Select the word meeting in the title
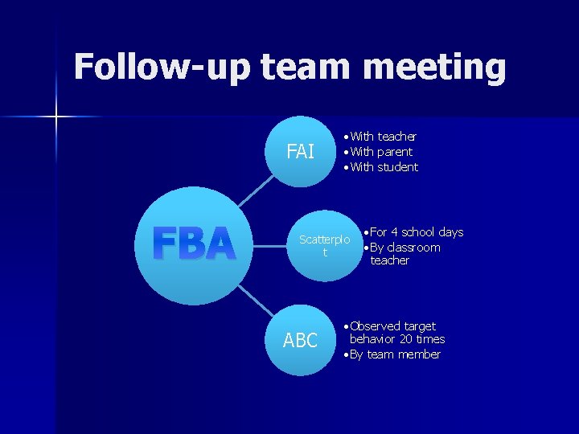coord(434,68)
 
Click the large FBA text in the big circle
coord(194,244)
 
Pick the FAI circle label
coord(301,151)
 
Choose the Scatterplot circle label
coord(325,245)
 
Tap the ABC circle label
coord(301,341)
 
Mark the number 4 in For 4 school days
coord(394,232)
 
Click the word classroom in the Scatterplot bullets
coord(413,248)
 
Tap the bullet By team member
coord(395,354)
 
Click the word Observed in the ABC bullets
coord(375,326)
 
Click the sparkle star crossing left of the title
coord(56,117)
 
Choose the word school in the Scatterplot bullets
coord(419,232)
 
